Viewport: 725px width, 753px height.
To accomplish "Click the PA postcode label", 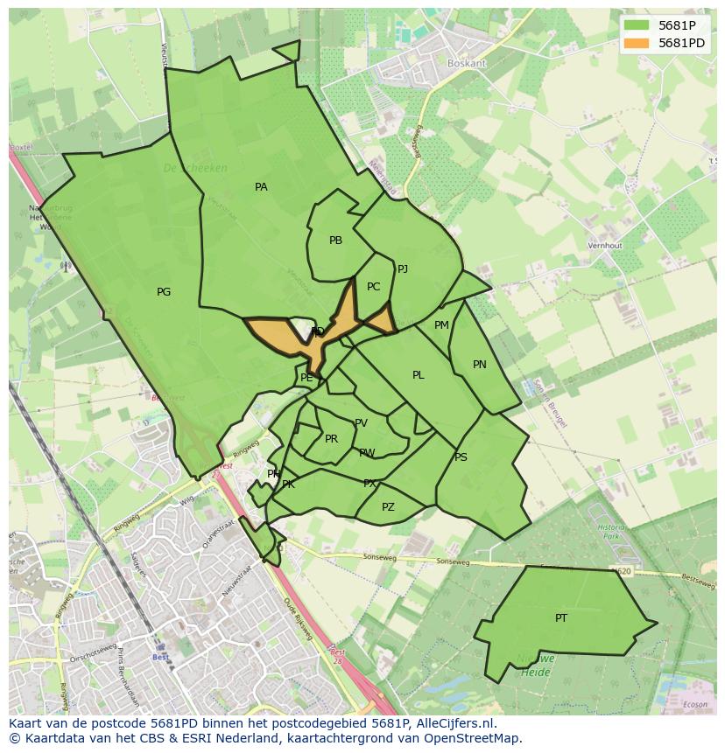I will tap(261, 187).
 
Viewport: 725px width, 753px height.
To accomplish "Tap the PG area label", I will tap(164, 292).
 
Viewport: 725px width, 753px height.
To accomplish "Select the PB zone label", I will tap(335, 241).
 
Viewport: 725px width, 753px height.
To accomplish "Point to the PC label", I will tap(374, 287).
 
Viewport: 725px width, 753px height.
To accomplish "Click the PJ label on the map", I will tap(403, 269).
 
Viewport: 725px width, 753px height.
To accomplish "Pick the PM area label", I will tap(441, 325).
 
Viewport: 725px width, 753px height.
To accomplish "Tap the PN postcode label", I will tap(479, 365).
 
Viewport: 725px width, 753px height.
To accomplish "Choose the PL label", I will tap(419, 375).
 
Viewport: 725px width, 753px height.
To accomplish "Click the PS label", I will tap(461, 457).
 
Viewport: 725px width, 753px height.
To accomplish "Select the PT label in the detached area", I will tap(561, 618).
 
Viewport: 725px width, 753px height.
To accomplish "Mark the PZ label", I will tap(388, 507).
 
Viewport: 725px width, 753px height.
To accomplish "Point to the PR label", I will tap(331, 439).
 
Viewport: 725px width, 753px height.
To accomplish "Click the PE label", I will tap(306, 378).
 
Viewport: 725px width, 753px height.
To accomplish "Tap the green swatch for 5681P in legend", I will tap(637, 25).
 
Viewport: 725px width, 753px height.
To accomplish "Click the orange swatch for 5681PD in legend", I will tap(637, 43).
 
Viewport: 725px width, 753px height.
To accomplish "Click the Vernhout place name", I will tap(605, 246).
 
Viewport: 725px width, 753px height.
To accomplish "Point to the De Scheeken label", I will tap(195, 168).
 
